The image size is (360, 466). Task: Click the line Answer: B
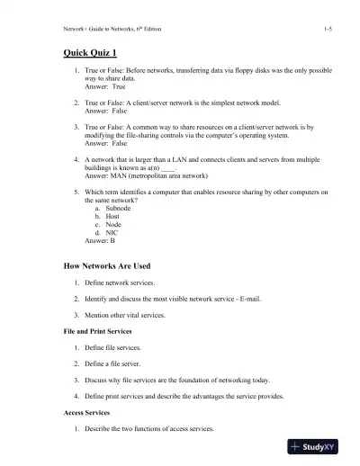point(100,240)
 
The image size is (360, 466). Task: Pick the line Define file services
point(120,347)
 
